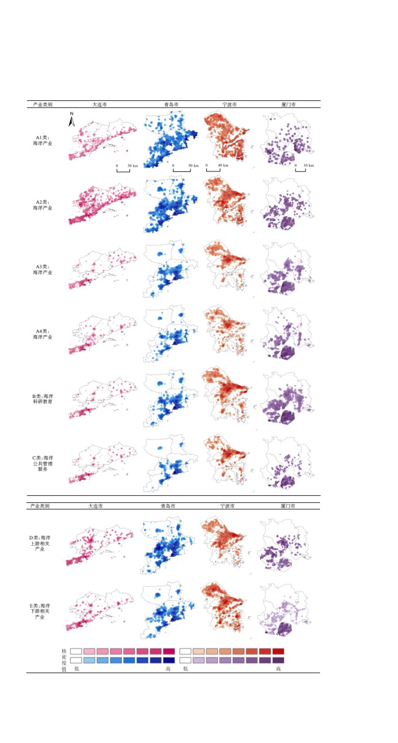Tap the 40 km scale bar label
(223, 166)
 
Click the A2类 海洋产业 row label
(42, 204)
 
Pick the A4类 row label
(42, 335)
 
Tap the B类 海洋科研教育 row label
(42, 399)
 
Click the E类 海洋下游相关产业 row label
(42, 611)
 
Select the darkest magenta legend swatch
(169, 651)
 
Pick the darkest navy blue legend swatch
(169, 660)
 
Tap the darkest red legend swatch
(278, 651)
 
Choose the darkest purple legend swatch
(278, 660)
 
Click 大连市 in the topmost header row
(100, 104)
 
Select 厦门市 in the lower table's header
(288, 505)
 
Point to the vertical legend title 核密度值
(64, 660)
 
